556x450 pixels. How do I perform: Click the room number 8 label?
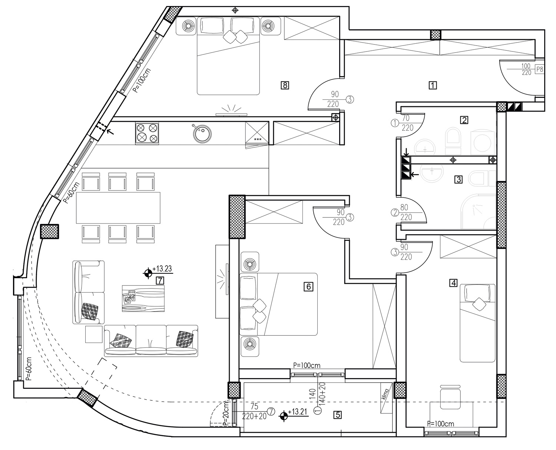285,86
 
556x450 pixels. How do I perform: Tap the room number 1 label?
433,85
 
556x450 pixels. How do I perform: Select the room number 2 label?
464,120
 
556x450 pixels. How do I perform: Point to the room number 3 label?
459,180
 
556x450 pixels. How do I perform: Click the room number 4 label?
453,283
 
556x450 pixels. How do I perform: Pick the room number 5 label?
337,415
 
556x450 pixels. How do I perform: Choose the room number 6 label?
308,286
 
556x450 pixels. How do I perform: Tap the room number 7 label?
159,280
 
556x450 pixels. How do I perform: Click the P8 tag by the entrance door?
540,69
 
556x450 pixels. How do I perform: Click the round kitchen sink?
202,133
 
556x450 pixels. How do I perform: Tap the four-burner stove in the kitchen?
147,133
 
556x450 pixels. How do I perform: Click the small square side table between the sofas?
94,334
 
